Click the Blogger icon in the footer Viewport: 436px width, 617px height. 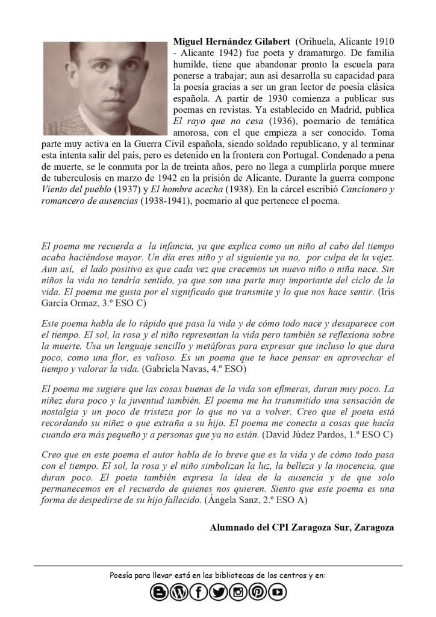click(x=159, y=593)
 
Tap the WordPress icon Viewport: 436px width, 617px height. click(x=179, y=593)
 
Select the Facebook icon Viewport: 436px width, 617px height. click(x=199, y=593)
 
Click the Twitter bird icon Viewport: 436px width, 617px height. click(x=219, y=593)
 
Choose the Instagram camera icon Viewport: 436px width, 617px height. click(x=238, y=593)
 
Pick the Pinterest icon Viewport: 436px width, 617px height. click(x=258, y=593)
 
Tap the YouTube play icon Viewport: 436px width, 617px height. click(x=278, y=593)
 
